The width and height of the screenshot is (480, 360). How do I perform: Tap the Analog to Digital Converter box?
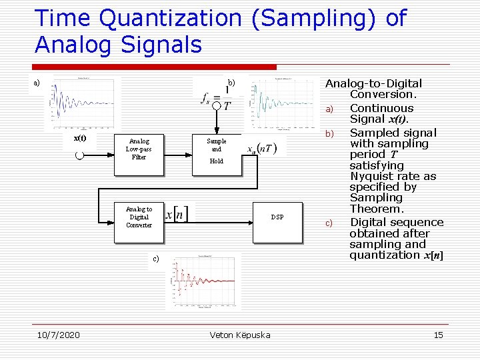(139, 217)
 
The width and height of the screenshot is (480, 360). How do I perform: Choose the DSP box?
(277, 217)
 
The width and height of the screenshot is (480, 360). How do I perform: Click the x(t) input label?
(79, 138)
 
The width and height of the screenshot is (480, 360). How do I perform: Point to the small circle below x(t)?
(79, 155)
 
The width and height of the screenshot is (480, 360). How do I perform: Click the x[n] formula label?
(177, 215)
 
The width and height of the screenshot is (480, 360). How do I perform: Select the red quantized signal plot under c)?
(202, 281)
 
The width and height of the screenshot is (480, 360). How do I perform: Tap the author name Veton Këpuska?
(240, 335)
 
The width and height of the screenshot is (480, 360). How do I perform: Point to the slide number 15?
(438, 335)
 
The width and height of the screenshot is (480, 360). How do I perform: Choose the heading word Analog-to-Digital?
(373, 83)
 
